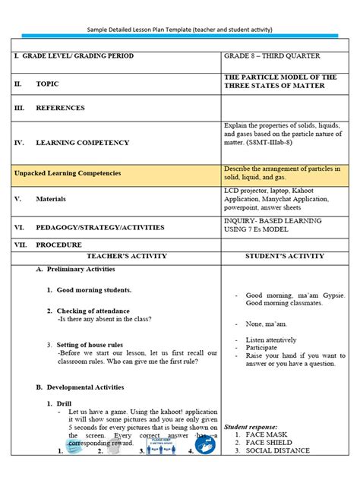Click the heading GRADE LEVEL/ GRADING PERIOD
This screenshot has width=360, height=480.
78,56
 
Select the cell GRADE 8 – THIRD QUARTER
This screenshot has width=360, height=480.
272,56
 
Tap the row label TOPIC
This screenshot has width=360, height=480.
46,84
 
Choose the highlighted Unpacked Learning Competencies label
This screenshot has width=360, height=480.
68,174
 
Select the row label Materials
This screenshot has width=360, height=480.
51,199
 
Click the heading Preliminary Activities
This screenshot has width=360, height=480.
81,270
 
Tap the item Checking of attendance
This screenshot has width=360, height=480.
93,311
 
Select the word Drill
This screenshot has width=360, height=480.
64,405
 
